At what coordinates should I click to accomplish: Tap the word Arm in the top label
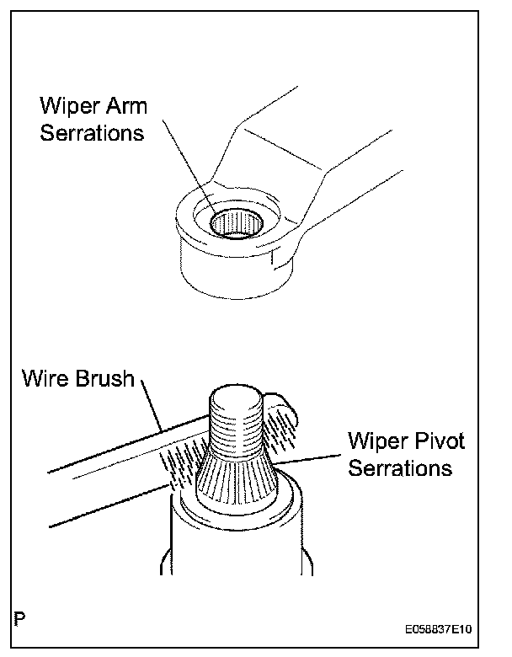[131, 107]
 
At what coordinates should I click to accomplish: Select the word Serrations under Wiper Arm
[92, 132]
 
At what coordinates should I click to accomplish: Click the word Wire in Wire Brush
[45, 378]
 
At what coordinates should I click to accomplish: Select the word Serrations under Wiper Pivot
[400, 467]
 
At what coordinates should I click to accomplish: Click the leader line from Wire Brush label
[159, 408]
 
